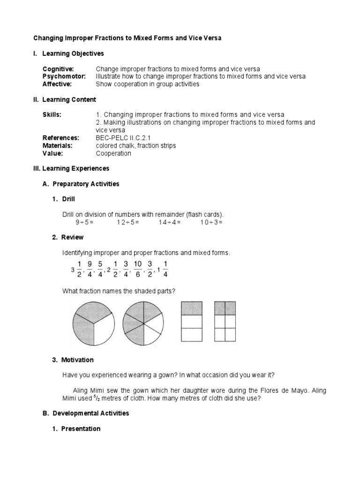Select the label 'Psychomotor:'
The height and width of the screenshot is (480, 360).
64,76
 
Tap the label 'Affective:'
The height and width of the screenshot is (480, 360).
57,84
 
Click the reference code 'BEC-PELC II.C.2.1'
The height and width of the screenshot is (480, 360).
123,138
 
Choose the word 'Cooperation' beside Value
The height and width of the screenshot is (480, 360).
113,153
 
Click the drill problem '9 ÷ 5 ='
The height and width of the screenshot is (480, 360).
84,222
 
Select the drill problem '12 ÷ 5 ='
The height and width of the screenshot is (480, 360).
128,222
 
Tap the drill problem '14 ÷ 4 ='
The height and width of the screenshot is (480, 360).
169,222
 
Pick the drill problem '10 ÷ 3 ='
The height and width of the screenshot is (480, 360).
211,222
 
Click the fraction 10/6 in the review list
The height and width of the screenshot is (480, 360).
137,269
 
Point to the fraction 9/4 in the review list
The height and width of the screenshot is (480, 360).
90,269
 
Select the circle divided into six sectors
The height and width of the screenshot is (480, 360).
143,323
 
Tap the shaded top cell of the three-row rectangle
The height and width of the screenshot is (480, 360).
191,308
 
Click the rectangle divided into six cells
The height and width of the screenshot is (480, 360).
225,322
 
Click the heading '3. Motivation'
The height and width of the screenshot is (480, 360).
73,360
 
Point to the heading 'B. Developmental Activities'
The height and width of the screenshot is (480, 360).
86,413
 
